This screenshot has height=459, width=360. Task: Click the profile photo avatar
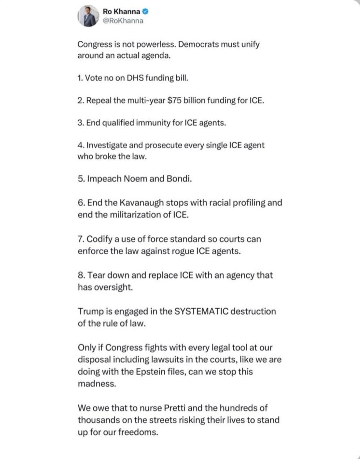(x=89, y=17)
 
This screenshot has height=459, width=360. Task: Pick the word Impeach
(x=101, y=179)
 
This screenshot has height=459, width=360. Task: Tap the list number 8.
(x=80, y=275)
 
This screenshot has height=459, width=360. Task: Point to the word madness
(x=96, y=384)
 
